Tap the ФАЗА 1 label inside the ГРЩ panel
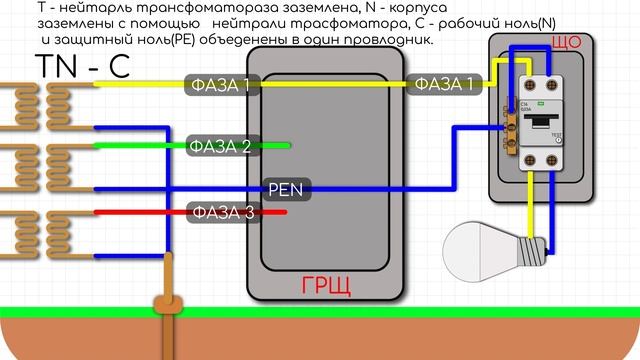(x=222, y=86)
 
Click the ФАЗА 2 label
(x=222, y=147)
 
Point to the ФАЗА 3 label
(x=222, y=211)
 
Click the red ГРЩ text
(x=326, y=289)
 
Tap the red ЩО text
(x=567, y=43)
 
